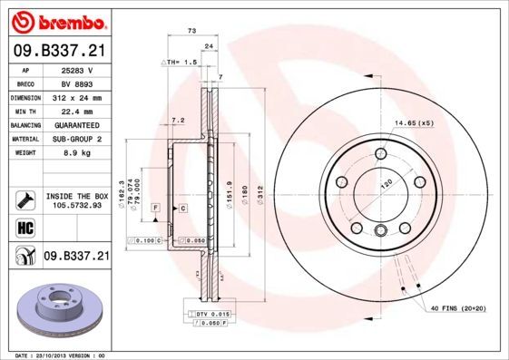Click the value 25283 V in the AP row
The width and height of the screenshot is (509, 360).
(x=76, y=69)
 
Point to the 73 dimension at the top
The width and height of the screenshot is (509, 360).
(x=191, y=31)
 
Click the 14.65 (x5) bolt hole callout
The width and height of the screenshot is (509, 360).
(x=414, y=122)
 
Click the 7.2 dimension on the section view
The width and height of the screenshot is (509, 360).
(x=178, y=119)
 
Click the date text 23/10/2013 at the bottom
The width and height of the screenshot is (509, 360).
(x=55, y=355)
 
